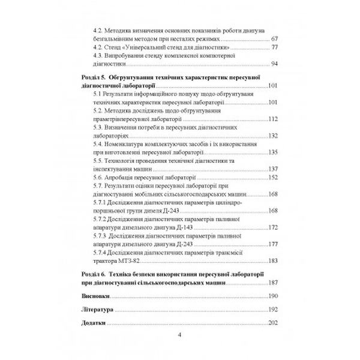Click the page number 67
click(x=274, y=38)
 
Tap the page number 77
click(x=274, y=47)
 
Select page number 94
click(x=274, y=64)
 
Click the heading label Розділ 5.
click(x=94, y=78)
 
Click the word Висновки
click(x=95, y=296)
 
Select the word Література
click(x=98, y=310)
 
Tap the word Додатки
click(x=94, y=322)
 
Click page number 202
click(x=273, y=322)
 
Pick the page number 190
click(x=273, y=296)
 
